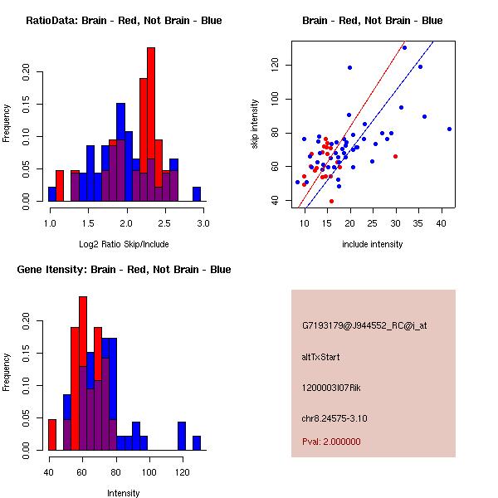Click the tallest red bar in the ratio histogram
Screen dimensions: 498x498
151,124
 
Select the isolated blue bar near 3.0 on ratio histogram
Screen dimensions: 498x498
197,194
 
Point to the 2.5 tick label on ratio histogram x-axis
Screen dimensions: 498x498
165,224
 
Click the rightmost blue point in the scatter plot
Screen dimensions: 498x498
449,129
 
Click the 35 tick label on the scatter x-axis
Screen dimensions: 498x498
419,224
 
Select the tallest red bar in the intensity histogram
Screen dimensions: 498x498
82,373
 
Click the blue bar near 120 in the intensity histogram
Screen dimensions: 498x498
181,436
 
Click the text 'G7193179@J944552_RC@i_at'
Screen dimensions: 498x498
364,326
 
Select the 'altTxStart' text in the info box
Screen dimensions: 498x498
321,357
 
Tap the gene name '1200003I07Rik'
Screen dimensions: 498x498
331,388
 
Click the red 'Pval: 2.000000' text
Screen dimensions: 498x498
331,442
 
